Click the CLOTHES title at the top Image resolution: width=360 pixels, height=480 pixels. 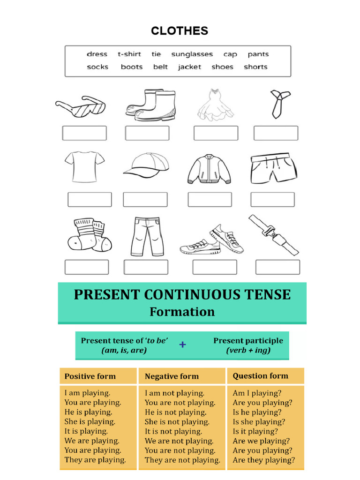(180, 31)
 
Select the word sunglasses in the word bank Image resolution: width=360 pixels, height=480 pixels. (192, 54)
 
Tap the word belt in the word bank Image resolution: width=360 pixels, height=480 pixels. (160, 67)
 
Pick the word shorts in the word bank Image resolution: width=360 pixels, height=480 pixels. (255, 67)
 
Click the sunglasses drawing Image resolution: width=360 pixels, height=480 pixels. (81, 107)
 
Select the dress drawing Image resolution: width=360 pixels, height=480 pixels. (215, 105)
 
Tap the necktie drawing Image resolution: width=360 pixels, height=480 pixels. (279, 103)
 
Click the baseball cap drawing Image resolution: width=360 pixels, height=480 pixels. (146, 165)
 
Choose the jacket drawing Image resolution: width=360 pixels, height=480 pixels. (209, 169)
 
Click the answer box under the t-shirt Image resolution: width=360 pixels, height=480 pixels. (90, 199)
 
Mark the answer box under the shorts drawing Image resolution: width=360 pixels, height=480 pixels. (272, 199)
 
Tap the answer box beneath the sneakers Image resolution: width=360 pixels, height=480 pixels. (215, 267)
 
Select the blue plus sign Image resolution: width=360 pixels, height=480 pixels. (182, 345)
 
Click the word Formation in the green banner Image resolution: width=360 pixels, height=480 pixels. (182, 312)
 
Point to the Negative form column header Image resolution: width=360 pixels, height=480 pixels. (172, 376)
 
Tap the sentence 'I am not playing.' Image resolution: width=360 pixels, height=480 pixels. (174, 393)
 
